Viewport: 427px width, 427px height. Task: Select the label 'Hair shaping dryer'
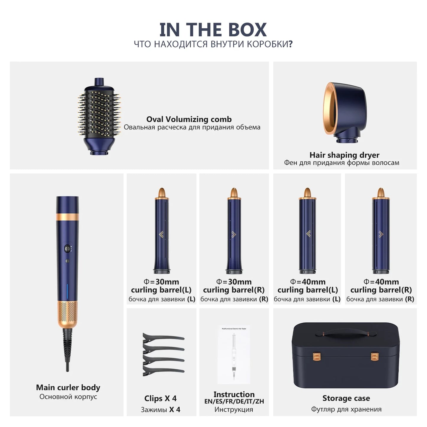344,155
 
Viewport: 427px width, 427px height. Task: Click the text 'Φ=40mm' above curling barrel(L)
308,282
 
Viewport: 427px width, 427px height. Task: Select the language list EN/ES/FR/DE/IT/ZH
234,402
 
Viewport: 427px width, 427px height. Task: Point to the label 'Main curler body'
68,387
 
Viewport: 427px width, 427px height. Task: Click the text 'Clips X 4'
160,398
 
